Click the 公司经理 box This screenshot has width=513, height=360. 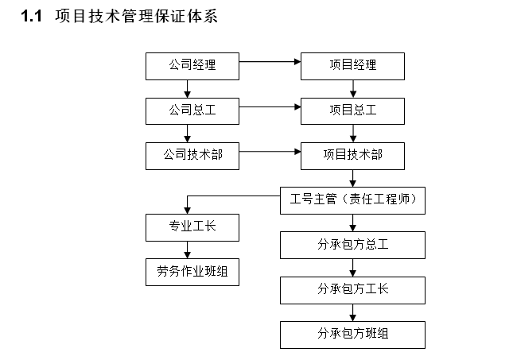tap(192, 66)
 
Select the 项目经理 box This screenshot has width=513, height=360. tap(352, 66)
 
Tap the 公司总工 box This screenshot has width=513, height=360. tap(192, 110)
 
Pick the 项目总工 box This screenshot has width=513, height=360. tap(352, 110)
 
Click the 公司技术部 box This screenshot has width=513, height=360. tap(192, 155)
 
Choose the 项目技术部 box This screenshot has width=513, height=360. tap(352, 155)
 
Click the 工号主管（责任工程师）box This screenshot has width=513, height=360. tap(352, 200)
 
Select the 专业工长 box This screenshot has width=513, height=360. tap(192, 227)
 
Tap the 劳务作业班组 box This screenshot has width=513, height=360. tap(192, 271)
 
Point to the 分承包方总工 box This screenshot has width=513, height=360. tap(352, 245)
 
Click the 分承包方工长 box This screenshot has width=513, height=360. tap(352, 289)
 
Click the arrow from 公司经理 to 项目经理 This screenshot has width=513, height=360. tap(270, 60)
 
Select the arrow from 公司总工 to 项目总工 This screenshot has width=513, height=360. tap(270, 106)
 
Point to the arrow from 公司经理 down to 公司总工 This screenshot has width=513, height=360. tap(187, 88)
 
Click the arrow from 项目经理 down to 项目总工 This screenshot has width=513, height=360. tap(352, 88)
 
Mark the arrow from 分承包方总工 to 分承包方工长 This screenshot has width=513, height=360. tap(352, 267)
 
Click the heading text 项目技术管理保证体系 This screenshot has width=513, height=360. tap(135, 17)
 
